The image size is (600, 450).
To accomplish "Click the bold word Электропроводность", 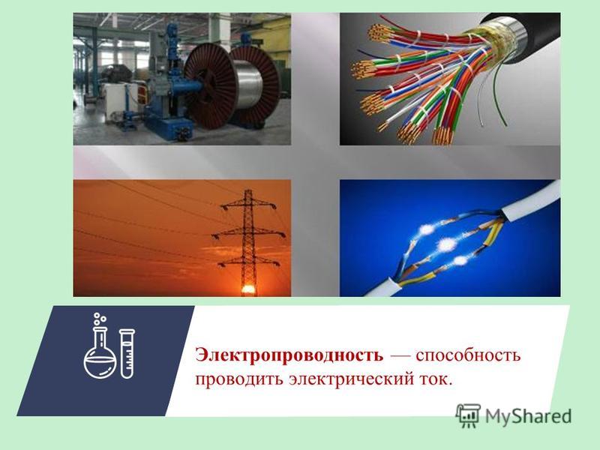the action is point(289,355).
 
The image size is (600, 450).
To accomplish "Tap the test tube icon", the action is point(127,353).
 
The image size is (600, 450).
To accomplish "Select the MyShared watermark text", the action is point(529,416).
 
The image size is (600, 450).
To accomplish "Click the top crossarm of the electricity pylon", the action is point(248,205).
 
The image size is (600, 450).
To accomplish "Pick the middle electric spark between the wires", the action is point(445,245).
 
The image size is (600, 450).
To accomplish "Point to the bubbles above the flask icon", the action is point(100,317).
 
